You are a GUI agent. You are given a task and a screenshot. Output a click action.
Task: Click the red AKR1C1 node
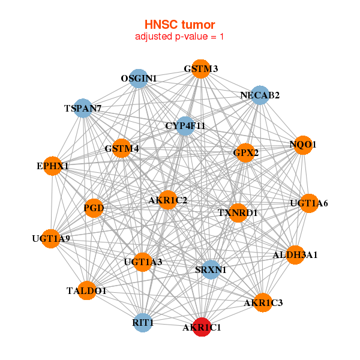coord(202,328)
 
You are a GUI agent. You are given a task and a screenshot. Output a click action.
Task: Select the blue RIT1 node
coord(143,323)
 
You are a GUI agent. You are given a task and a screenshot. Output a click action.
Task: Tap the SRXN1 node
coord(211,270)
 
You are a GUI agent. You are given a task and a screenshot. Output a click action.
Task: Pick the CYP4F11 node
coord(185,126)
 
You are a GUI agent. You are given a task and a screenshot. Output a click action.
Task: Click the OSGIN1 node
coord(139,79)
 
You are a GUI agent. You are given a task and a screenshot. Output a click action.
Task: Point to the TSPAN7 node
coord(83,109)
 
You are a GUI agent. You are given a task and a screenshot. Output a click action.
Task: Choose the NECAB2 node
coord(260,95)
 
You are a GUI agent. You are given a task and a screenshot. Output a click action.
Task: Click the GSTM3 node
coord(201,69)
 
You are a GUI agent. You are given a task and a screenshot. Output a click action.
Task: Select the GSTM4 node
coord(122,148)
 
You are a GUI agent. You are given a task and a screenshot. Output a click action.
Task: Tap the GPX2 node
coord(246,153)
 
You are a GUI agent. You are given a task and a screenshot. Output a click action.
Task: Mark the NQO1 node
coord(302,145)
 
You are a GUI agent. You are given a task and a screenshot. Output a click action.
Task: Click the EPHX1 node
coord(53,166)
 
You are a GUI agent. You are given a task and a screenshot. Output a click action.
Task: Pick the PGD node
coord(94,209)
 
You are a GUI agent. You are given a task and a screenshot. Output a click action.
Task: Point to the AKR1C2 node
coord(167,200)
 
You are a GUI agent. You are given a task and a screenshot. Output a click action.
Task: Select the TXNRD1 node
coord(238,212)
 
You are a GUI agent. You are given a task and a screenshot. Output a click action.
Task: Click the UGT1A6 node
coord(308,203)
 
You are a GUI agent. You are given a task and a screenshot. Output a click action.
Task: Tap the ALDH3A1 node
coord(295,255)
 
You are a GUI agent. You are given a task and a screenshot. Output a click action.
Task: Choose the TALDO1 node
coord(86,291)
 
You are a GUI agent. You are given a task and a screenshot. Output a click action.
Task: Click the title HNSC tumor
coord(179,25)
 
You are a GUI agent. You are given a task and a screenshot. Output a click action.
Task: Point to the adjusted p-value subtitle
coord(179,37)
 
